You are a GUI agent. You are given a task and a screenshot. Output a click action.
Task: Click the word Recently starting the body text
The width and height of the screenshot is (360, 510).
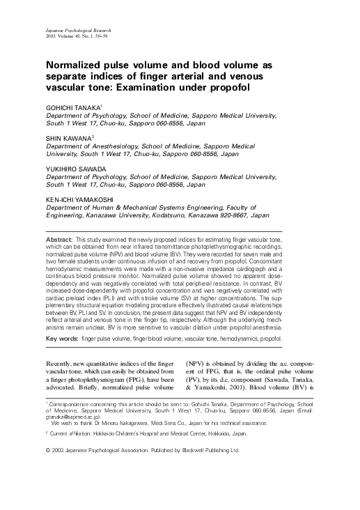[x=62, y=363]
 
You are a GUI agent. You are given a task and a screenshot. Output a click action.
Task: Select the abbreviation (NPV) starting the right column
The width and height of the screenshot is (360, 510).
[x=198, y=363]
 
